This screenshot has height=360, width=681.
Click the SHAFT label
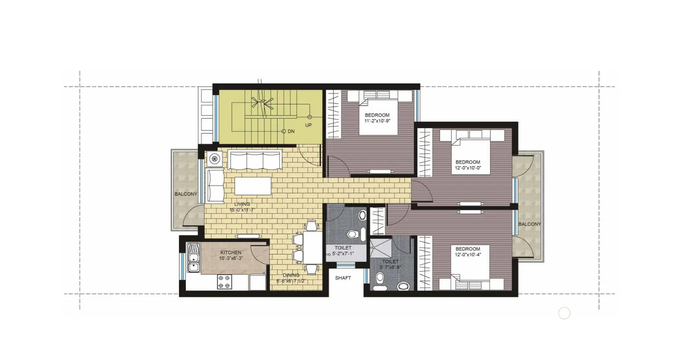pos(343,278)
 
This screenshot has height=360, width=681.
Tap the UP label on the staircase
pos(308,125)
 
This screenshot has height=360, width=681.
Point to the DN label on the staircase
pos(291,131)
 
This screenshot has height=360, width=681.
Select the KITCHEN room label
pos(231,252)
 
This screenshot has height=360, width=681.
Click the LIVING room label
pos(242,204)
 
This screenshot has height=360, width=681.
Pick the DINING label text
pos(291,275)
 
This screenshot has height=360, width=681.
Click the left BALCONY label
pos(186,194)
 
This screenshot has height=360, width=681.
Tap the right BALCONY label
pos(529,224)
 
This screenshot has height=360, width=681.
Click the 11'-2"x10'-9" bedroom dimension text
pos(377,121)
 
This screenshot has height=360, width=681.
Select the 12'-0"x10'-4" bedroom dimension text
pos(468,255)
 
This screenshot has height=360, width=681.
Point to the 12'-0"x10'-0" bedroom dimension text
pos(468,168)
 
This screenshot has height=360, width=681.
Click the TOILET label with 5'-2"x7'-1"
pos(343,248)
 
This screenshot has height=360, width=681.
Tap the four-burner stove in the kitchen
pos(224,282)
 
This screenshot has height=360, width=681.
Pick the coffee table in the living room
pos(253,186)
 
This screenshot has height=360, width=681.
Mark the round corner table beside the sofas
pos(215,159)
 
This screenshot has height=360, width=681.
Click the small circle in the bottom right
pos(564,313)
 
